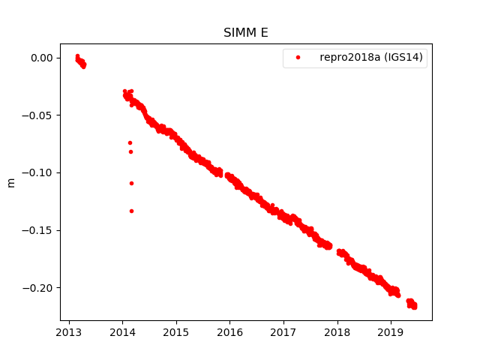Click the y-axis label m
(x=10, y=182)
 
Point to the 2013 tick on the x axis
(x=69, y=332)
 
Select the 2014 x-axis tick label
(x=123, y=332)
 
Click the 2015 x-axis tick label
(x=176, y=332)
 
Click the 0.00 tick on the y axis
(x=41, y=58)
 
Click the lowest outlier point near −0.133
(x=131, y=211)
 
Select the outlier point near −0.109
(x=131, y=183)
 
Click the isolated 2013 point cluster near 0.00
(x=80, y=61)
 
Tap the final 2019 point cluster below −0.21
(x=412, y=304)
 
